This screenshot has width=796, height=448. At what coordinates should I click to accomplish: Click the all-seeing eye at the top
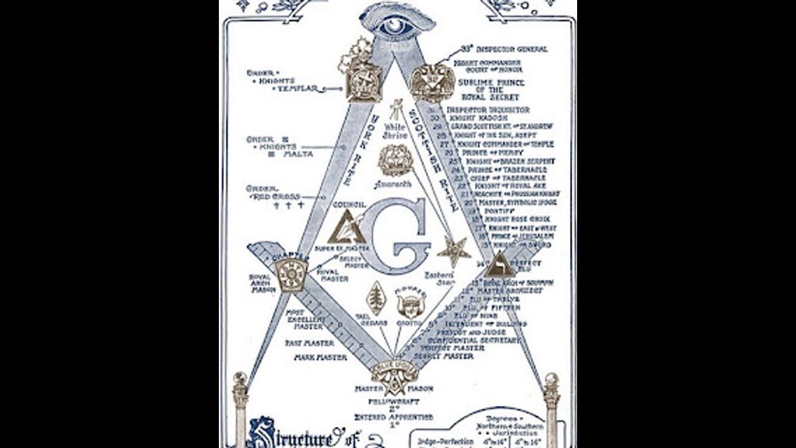tap(397, 25)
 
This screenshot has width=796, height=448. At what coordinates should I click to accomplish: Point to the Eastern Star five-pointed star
tap(454, 251)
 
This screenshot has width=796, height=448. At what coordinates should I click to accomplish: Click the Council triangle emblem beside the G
tap(346, 228)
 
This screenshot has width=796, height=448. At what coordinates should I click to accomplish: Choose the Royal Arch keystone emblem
tap(292, 273)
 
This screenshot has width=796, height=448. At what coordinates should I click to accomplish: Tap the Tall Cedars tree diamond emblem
tap(376, 298)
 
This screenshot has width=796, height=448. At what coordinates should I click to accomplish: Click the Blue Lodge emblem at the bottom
tap(393, 375)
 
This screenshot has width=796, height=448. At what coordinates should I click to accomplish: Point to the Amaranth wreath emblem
tap(396, 160)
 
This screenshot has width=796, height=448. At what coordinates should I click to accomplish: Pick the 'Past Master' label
tap(310, 343)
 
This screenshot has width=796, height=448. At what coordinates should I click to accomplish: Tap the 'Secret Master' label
tap(447, 356)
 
